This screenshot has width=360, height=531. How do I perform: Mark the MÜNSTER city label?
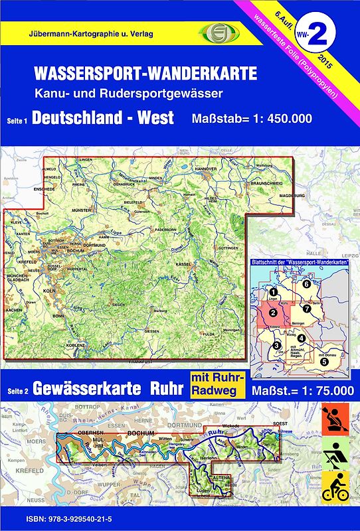click(82, 210)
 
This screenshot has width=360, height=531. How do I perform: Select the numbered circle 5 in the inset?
click(324, 362)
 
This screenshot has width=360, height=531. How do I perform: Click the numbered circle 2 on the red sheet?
click(272, 313)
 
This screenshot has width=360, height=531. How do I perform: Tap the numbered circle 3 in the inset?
click(277, 345)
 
